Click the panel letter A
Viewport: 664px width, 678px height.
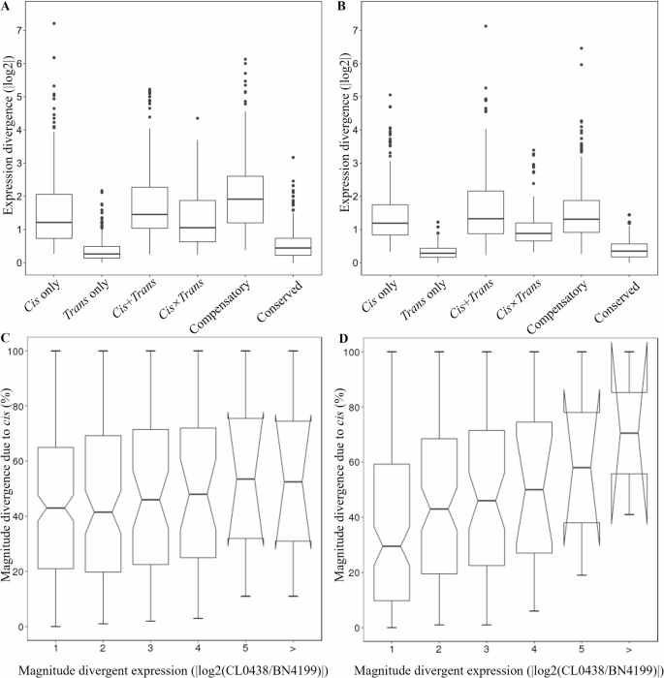[8, 7]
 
